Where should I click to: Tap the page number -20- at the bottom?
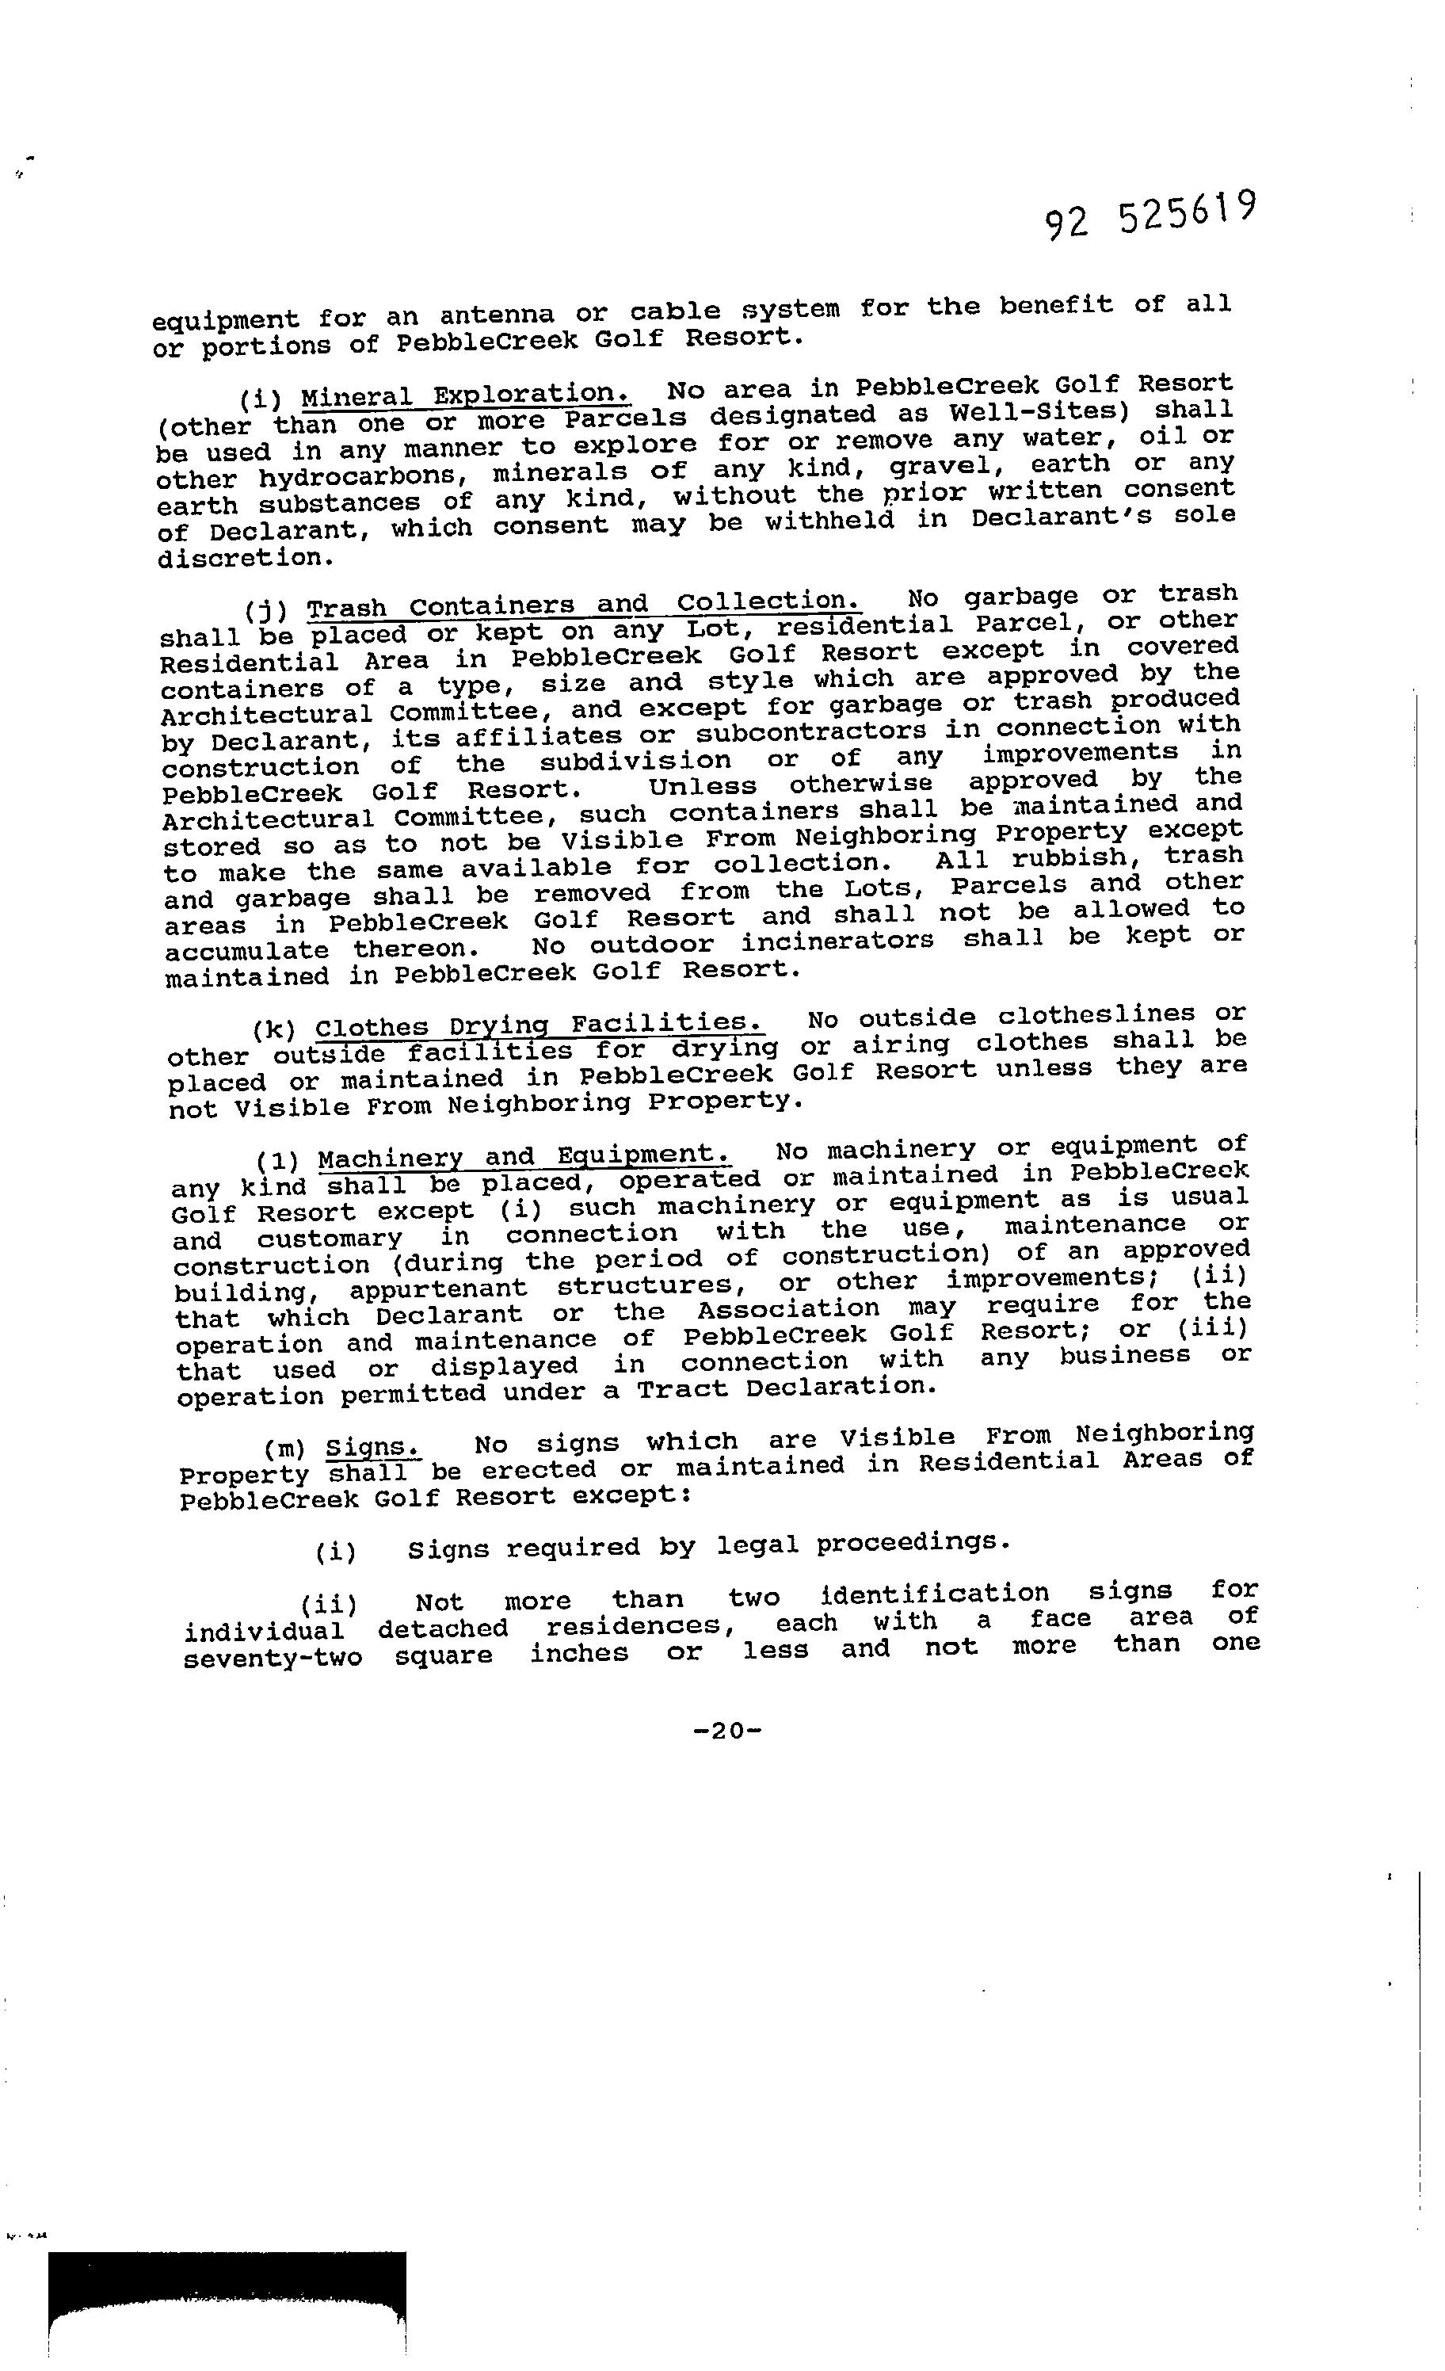click(727, 1730)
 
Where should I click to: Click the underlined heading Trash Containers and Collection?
click(583, 605)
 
